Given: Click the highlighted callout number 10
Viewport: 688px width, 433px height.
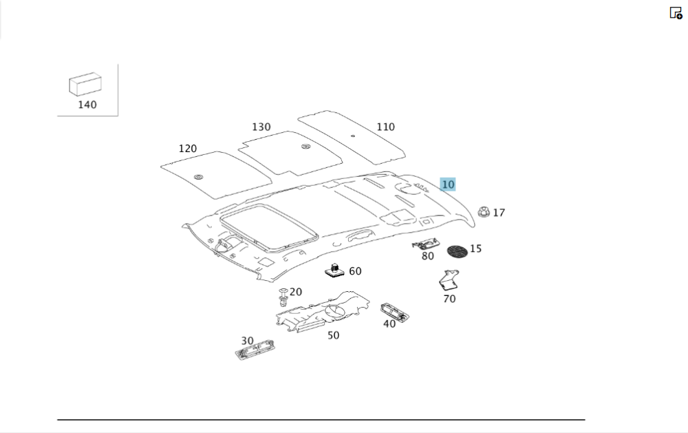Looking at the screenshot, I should tap(448, 184).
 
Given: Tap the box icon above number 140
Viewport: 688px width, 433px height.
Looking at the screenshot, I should tap(84, 85).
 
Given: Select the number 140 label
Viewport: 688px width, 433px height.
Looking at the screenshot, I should tap(87, 105).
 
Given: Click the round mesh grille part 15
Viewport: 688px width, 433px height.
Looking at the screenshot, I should tap(457, 251).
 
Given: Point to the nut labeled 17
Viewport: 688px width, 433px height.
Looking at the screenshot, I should tap(484, 212).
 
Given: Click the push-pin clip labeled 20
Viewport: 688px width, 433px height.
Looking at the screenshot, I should tap(283, 297).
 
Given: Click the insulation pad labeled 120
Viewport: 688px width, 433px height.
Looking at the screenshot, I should tap(215, 176).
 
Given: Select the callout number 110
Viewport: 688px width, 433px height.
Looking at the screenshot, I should tap(385, 127).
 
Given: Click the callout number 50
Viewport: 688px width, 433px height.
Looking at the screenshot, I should tap(333, 336).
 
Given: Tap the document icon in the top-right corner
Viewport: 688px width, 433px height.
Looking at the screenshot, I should tap(676, 13).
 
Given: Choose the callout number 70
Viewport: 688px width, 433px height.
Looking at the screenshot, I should tap(449, 299).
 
